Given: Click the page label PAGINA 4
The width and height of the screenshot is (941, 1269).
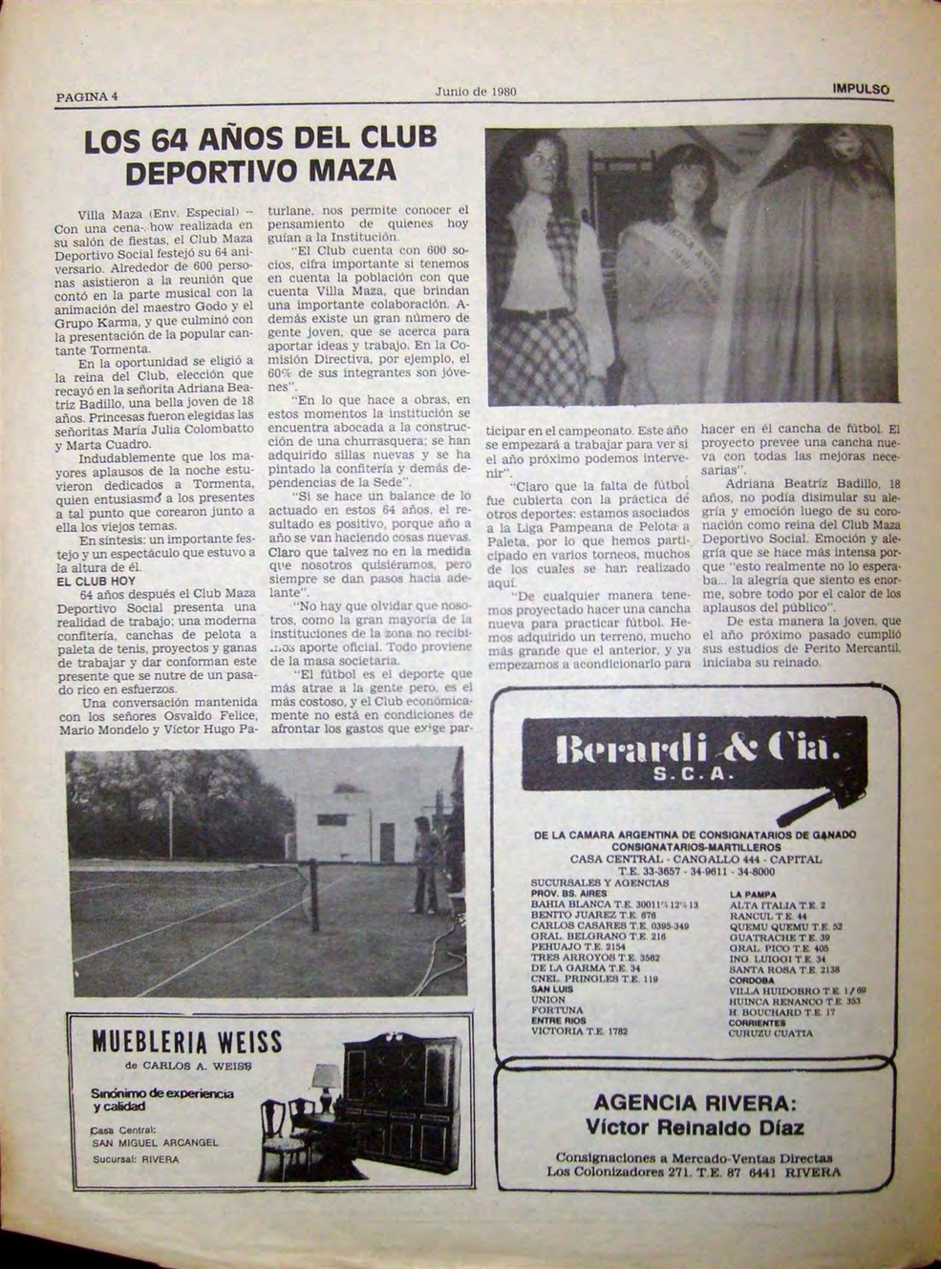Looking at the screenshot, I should point(86,96).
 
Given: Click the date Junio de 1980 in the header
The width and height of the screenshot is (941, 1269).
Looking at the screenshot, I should point(475,93).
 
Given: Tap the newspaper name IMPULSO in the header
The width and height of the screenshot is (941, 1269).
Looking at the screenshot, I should point(861,89).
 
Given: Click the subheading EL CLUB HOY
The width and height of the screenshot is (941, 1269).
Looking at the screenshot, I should point(96,581).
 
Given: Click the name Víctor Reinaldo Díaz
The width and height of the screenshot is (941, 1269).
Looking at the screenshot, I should point(695,1128).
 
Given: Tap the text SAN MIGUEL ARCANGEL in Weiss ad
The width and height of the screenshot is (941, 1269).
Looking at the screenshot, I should point(155,1142).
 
